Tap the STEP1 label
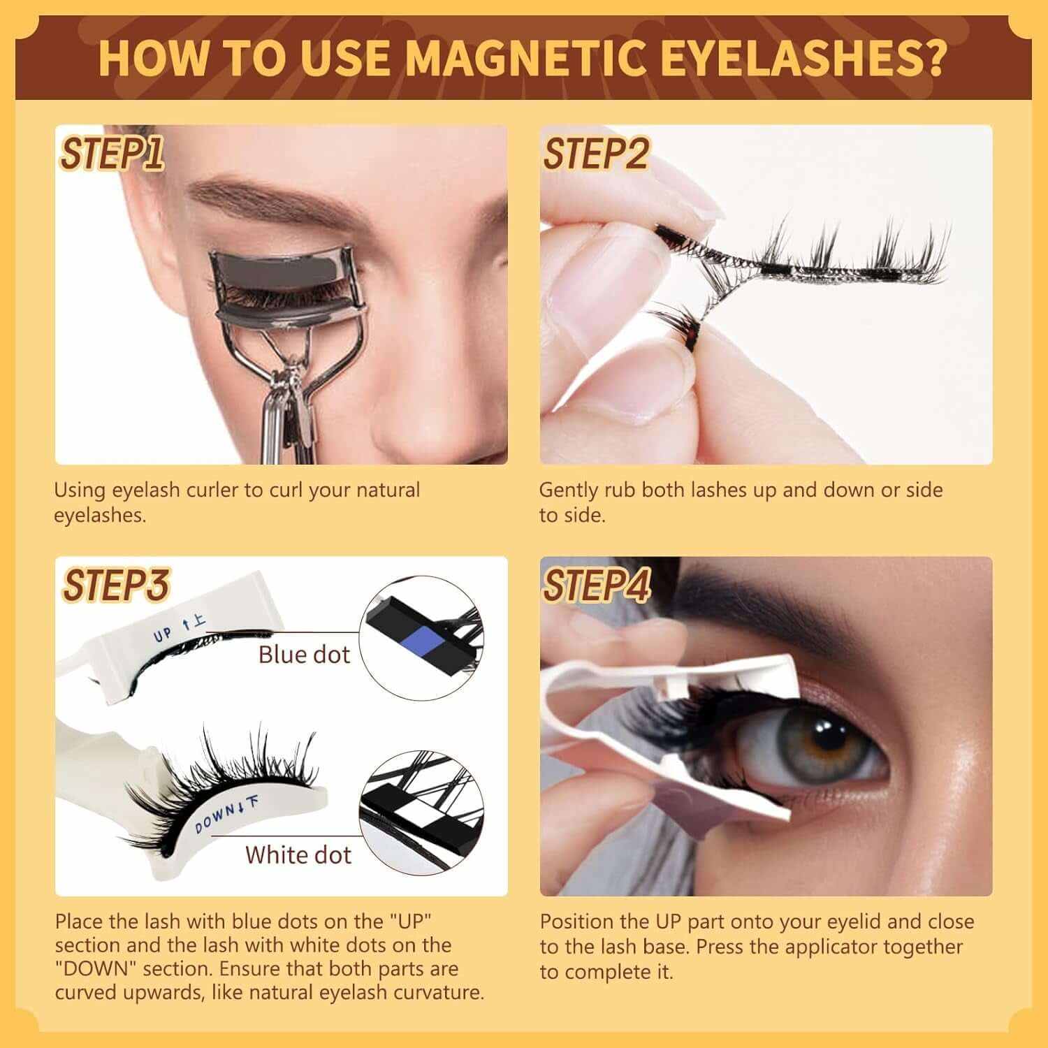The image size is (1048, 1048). coord(112,154)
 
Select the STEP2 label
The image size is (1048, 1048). coord(596,154)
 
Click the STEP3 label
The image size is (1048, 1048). coord(116,585)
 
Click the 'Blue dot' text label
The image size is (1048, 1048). coord(304,655)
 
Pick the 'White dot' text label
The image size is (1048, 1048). coord(298,854)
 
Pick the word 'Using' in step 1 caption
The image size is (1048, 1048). coord(80,490)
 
